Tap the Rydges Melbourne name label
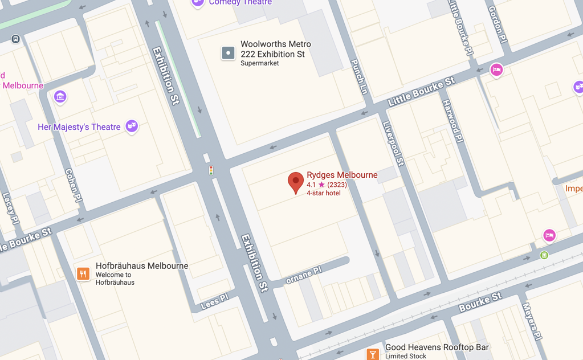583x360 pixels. pyautogui.click(x=342, y=175)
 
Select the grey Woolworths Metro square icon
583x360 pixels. pyautogui.click(x=228, y=53)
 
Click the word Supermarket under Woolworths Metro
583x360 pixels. pyautogui.click(x=259, y=63)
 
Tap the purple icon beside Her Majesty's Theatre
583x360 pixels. pyautogui.click(x=132, y=125)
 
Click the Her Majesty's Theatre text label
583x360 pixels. pyautogui.click(x=79, y=127)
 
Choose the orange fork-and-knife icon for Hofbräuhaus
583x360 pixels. pyautogui.click(x=83, y=274)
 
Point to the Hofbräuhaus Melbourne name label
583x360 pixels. pyautogui.click(x=142, y=266)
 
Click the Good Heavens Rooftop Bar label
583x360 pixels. pyautogui.click(x=437, y=347)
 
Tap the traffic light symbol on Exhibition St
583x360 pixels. pyautogui.click(x=211, y=170)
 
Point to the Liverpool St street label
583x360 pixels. pyautogui.click(x=393, y=144)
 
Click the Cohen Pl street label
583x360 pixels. pyautogui.click(x=72, y=185)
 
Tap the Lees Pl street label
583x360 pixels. pyautogui.click(x=215, y=301)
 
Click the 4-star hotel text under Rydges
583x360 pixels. pyautogui.click(x=324, y=193)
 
